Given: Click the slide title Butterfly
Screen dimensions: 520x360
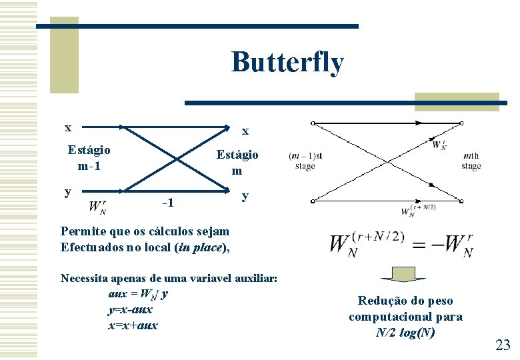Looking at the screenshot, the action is [287, 63].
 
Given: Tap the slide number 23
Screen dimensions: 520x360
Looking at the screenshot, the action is [503, 345].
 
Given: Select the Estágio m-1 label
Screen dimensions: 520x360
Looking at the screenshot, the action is [89, 157].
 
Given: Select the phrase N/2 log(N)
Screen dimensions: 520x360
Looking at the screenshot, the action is [405, 332].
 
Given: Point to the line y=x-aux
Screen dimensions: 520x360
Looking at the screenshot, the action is [129, 309].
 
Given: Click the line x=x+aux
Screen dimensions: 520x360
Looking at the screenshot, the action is [132, 325].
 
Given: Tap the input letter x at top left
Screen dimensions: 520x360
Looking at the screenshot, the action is [67, 127].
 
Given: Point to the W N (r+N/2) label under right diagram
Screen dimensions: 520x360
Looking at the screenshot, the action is [418, 211].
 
